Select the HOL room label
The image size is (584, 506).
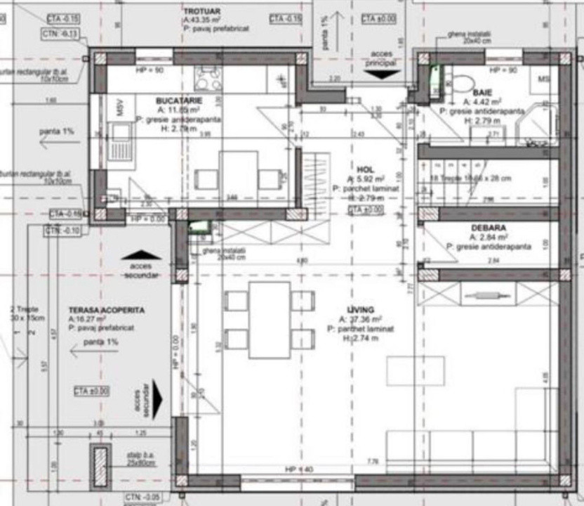365,169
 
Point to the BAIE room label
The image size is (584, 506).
482,93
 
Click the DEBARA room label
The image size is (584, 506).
488,228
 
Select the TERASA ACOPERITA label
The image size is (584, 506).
107,309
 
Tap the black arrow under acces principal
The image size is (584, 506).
382,74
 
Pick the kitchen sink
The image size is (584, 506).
119,134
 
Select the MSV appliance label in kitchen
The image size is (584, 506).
120,108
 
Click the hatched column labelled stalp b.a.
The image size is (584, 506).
101,465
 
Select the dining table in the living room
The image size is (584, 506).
269,320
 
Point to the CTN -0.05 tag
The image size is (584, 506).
142,497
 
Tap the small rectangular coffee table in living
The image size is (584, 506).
415,370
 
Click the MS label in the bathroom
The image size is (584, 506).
544,79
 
